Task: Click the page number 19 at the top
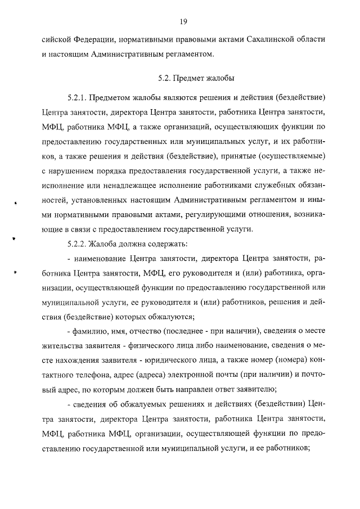click(183, 21)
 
